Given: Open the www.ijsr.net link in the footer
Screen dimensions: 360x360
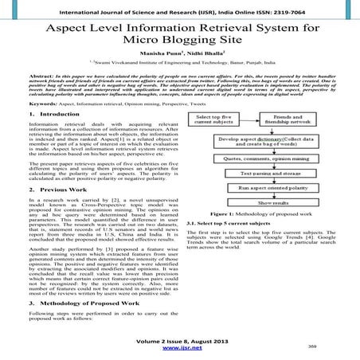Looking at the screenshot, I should tap(179, 348).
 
